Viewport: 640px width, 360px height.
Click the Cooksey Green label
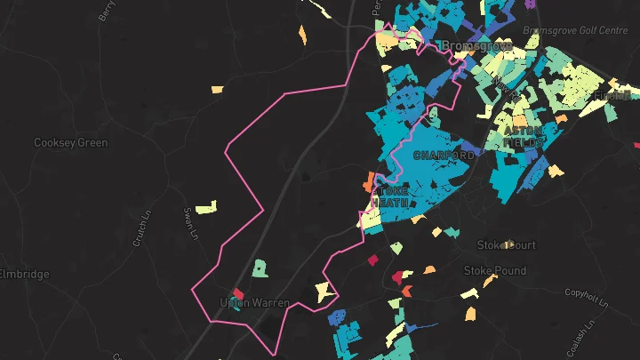coord(70,142)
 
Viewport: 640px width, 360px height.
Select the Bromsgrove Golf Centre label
coord(576,30)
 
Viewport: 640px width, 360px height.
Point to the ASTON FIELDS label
coord(524,136)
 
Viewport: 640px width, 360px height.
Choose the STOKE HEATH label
coord(390,196)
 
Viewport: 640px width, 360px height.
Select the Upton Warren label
coord(254,303)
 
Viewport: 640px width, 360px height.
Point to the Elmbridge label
coord(25,274)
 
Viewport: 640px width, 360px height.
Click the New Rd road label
coord(507,88)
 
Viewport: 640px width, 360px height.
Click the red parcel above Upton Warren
coord(238,292)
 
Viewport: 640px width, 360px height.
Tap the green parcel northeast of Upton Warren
coord(259,268)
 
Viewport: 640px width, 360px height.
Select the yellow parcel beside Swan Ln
coord(205,209)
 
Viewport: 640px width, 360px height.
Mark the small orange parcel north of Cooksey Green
coord(217,88)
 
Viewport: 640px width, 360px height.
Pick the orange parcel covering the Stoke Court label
coord(509,244)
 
